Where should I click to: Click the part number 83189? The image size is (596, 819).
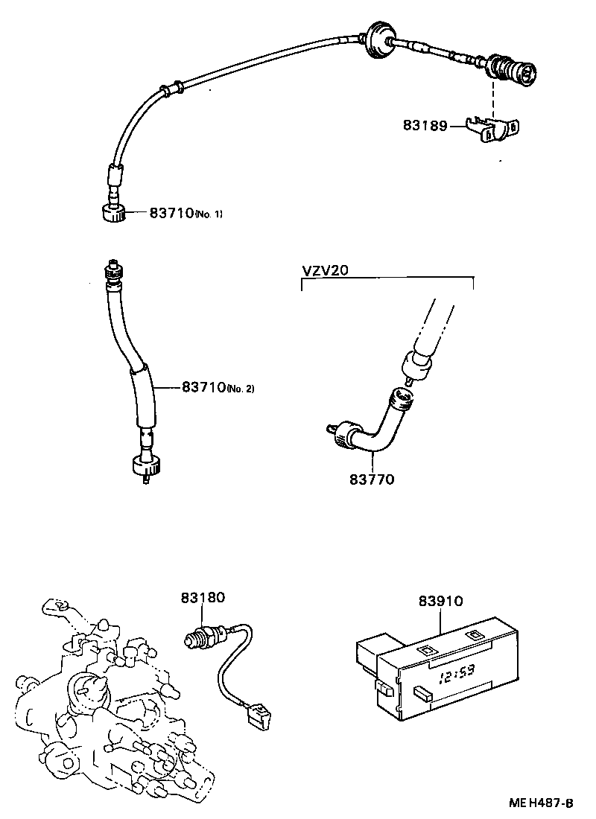coord(425,126)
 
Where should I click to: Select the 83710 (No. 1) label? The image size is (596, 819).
coord(186,213)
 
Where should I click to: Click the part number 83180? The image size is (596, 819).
coord(202,597)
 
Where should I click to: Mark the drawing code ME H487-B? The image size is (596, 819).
coord(541,803)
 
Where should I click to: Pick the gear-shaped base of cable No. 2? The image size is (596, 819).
coord(145,468)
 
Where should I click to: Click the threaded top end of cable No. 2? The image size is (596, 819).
coord(112,272)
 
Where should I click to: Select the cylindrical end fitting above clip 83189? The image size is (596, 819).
coord(511,71)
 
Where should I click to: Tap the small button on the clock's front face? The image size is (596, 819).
coord(422,693)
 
